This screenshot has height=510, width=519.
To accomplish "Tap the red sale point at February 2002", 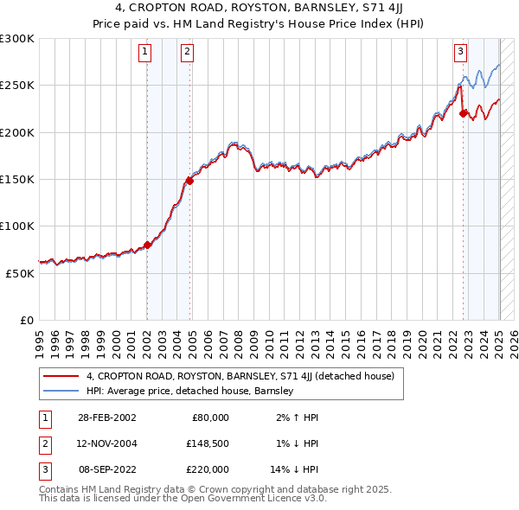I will coord(147,245).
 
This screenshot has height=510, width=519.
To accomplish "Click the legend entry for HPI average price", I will coord(190,391).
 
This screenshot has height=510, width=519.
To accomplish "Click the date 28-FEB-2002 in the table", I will coord(106,418).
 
